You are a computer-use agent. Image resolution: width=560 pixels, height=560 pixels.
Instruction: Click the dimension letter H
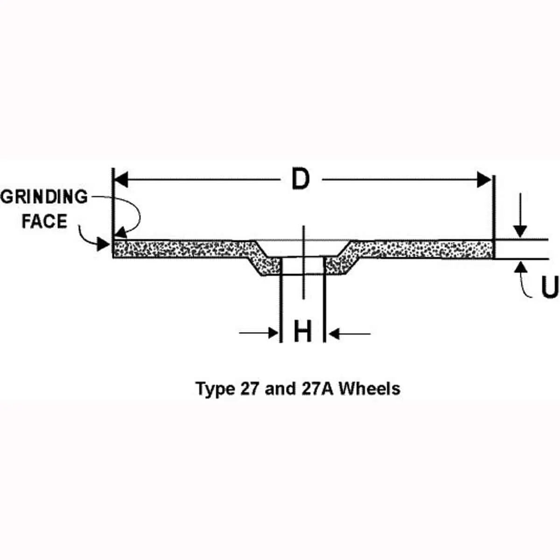coord(302,332)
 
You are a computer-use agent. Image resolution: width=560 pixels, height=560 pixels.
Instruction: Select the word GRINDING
coord(44,197)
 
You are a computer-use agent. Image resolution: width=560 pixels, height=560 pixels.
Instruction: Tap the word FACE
coord(44,221)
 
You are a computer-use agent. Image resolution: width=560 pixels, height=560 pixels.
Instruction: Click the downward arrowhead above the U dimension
coord(520,231)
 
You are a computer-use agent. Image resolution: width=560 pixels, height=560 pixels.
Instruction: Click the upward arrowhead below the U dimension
coord(520,267)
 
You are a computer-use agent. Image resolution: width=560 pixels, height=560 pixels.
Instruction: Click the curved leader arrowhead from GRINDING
coord(120,233)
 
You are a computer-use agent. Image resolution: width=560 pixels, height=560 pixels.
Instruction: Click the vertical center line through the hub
coord(303,285)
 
